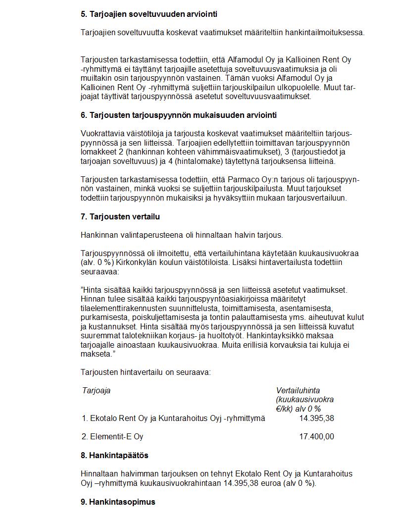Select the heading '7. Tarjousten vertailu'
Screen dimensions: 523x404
coord(120,216)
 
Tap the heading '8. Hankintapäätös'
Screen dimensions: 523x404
coord(114,455)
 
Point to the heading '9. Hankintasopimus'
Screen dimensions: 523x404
coord(118,502)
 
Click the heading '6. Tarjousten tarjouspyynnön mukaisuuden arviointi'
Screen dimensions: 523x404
coord(179,115)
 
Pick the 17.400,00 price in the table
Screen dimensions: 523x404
coord(316,436)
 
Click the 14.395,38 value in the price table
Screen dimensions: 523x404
coord(316,418)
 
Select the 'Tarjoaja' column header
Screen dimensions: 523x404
coord(97,390)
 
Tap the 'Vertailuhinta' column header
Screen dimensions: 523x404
coord(298,390)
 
